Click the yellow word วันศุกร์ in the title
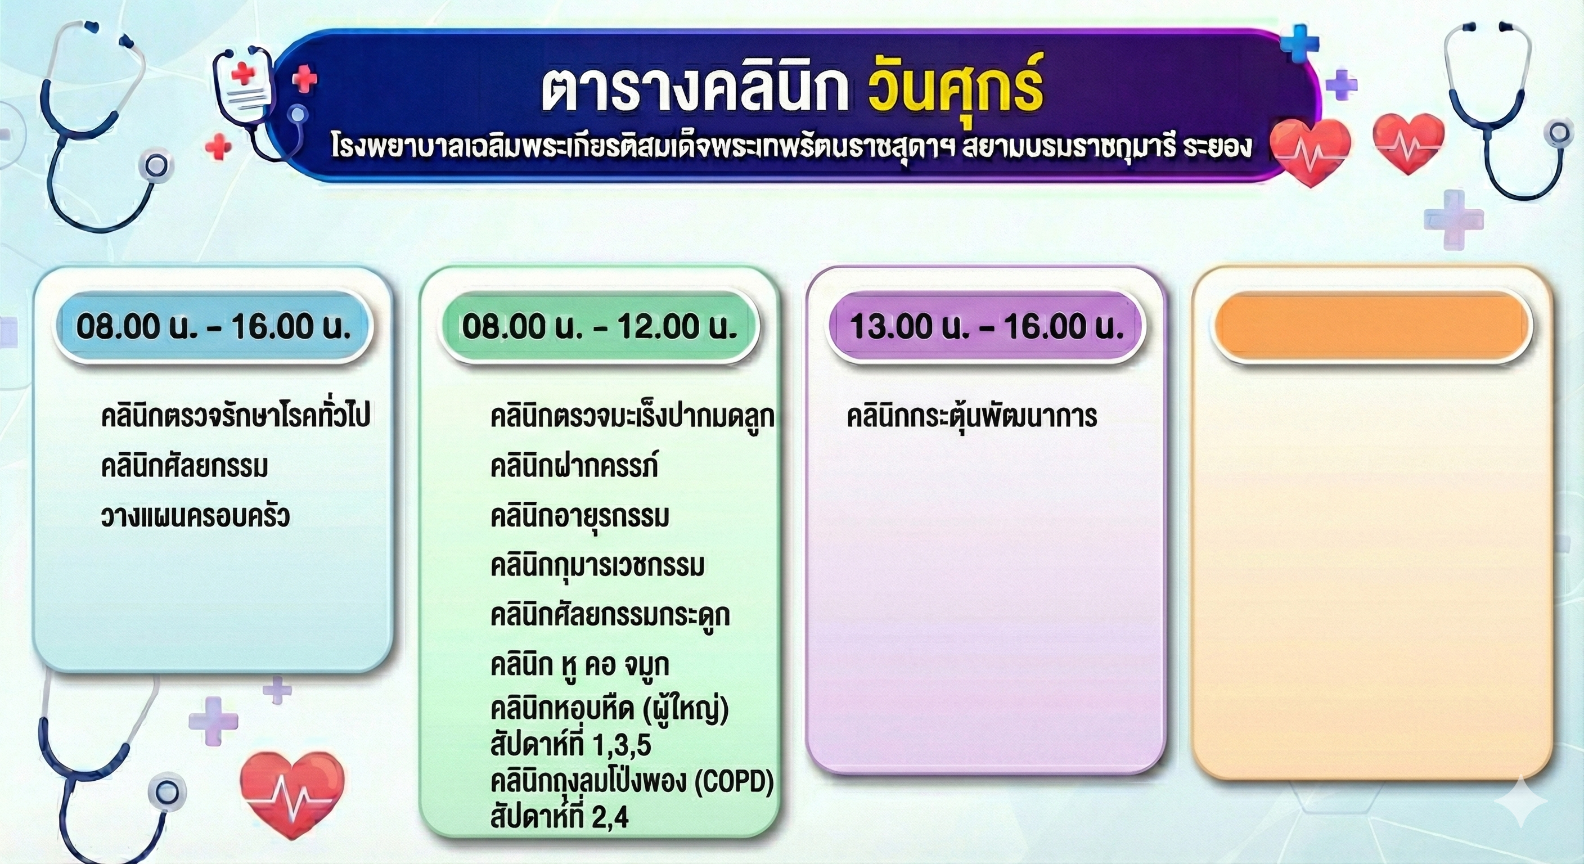point(956,91)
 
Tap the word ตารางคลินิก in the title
point(695,92)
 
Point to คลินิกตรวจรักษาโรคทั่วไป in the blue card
point(236,416)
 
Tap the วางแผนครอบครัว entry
point(195,515)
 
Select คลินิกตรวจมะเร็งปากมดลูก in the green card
point(632,417)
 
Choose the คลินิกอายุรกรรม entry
point(579,515)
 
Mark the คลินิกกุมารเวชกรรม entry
point(597,565)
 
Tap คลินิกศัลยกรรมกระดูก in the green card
point(610,615)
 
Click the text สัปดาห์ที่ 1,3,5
point(570,744)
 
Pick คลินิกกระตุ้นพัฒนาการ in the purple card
point(971,416)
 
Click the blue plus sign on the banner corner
point(1299,43)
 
